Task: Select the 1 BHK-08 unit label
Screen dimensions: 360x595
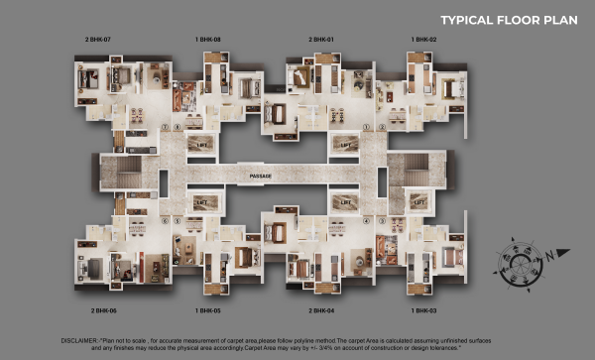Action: point(209,39)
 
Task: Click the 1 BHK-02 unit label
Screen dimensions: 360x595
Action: point(423,39)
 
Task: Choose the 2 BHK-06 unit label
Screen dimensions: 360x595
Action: point(104,310)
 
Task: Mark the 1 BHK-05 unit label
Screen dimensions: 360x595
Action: point(209,310)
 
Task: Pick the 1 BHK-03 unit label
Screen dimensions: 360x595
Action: point(423,310)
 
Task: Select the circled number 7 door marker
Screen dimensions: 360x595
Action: point(166,128)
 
